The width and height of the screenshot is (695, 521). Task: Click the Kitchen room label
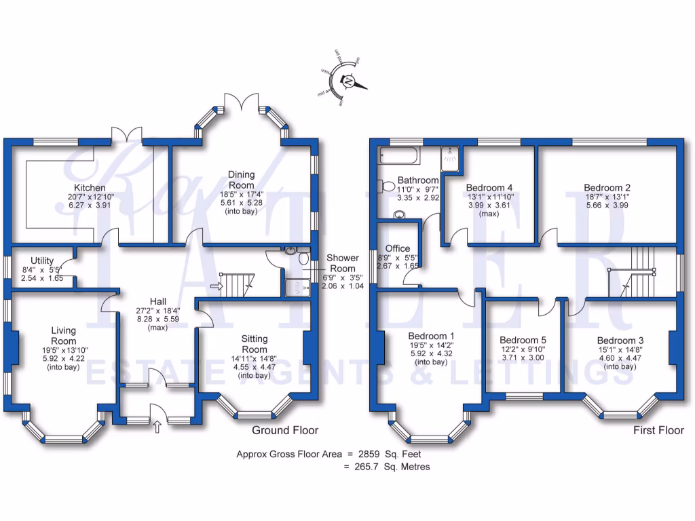click(x=90, y=187)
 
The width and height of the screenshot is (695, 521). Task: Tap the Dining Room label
click(x=241, y=180)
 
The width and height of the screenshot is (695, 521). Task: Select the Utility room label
click(x=42, y=260)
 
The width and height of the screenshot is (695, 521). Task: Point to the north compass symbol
click(x=349, y=81)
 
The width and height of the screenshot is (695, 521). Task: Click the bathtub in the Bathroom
click(x=399, y=157)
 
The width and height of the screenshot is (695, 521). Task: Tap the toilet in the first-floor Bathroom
click(x=388, y=185)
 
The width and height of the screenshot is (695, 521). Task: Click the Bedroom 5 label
click(x=523, y=340)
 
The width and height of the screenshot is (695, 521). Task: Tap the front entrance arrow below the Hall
click(x=158, y=427)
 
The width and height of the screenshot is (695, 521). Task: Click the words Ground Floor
click(x=285, y=430)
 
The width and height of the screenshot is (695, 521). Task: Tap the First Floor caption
click(x=658, y=430)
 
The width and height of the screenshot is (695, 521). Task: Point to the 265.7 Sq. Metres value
click(x=387, y=467)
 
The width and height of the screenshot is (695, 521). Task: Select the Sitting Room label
click(x=255, y=343)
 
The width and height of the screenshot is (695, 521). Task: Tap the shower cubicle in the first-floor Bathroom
click(x=450, y=157)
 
